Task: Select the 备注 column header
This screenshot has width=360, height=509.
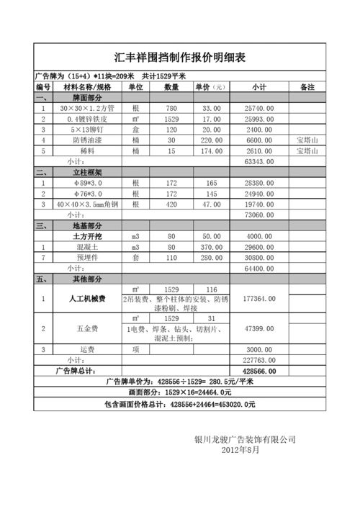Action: (x=307, y=87)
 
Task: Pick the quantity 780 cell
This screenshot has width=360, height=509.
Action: (x=171, y=108)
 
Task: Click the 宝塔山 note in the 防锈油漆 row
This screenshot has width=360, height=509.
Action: (x=307, y=140)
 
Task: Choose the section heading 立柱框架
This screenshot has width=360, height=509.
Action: (x=87, y=173)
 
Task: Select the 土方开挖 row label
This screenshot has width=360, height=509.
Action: (x=87, y=236)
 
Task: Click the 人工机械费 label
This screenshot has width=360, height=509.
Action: (x=87, y=298)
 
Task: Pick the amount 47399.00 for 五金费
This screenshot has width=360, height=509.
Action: (x=258, y=328)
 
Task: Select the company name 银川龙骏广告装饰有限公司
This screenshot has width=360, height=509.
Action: (x=245, y=439)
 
